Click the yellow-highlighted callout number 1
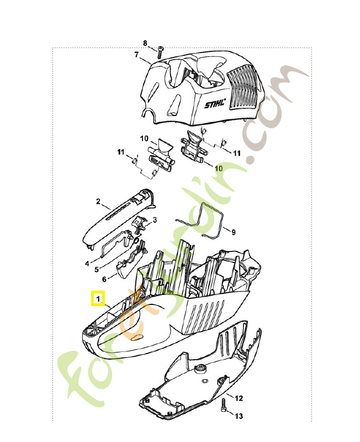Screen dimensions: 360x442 click(x=98, y=298)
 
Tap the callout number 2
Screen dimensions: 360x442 click(x=98, y=202)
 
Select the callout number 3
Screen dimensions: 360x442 click(x=155, y=220)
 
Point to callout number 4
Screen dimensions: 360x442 click(x=87, y=264)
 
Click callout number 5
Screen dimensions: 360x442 click(x=97, y=270)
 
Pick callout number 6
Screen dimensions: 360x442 click(x=104, y=279)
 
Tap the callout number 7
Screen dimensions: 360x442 click(x=136, y=54)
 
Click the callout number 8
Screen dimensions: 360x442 click(x=145, y=44)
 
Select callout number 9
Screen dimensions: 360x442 click(x=233, y=232)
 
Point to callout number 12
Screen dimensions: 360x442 click(x=239, y=398)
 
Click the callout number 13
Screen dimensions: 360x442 click(x=239, y=416)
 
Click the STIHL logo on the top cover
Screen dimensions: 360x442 click(x=215, y=104)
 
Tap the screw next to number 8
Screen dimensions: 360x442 click(x=160, y=52)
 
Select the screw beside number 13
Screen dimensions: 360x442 click(x=224, y=406)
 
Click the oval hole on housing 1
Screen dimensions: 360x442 click(x=137, y=338)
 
